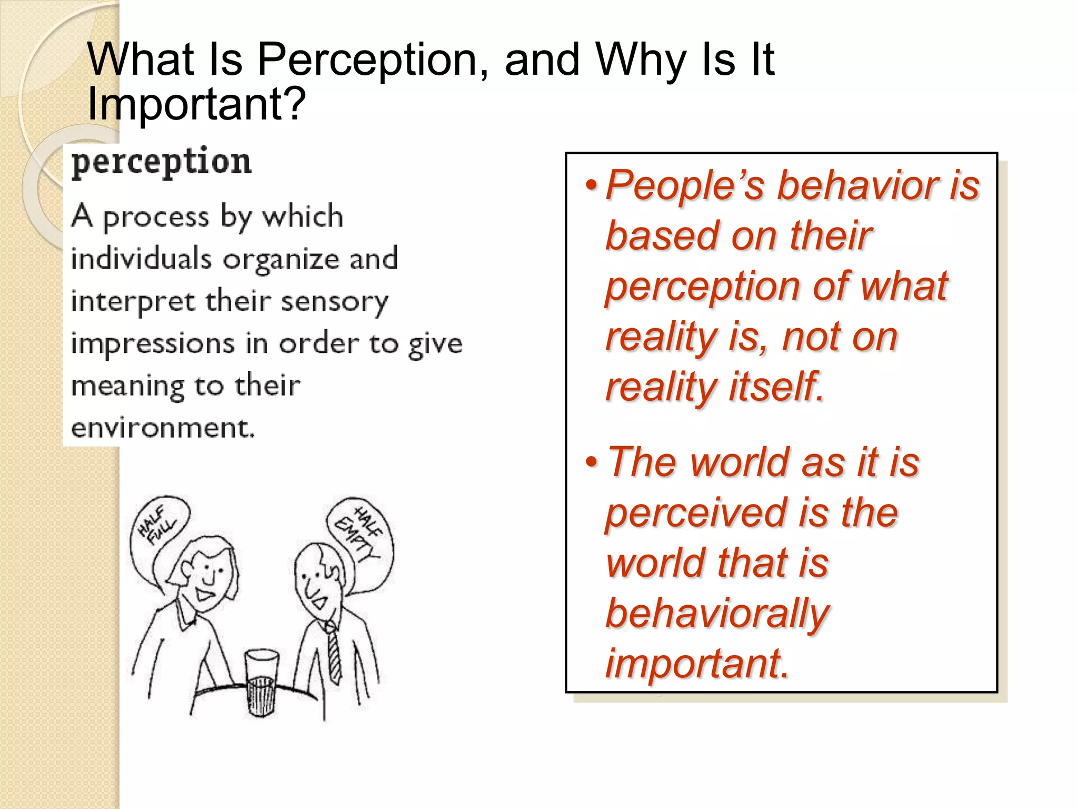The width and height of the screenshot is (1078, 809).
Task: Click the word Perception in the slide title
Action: pyautogui.click(x=367, y=59)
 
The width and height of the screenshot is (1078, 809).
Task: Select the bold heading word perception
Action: pyautogui.click(x=161, y=162)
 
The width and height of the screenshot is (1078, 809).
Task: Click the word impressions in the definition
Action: pyautogui.click(x=152, y=344)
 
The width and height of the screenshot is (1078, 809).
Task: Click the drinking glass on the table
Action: pyautogui.click(x=262, y=682)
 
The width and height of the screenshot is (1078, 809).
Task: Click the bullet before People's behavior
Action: pyautogui.click(x=592, y=185)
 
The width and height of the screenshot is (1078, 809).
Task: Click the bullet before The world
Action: pyautogui.click(x=592, y=462)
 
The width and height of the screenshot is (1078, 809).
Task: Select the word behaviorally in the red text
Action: pyautogui.click(x=717, y=613)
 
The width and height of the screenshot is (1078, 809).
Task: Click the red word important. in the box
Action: pyautogui.click(x=697, y=663)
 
